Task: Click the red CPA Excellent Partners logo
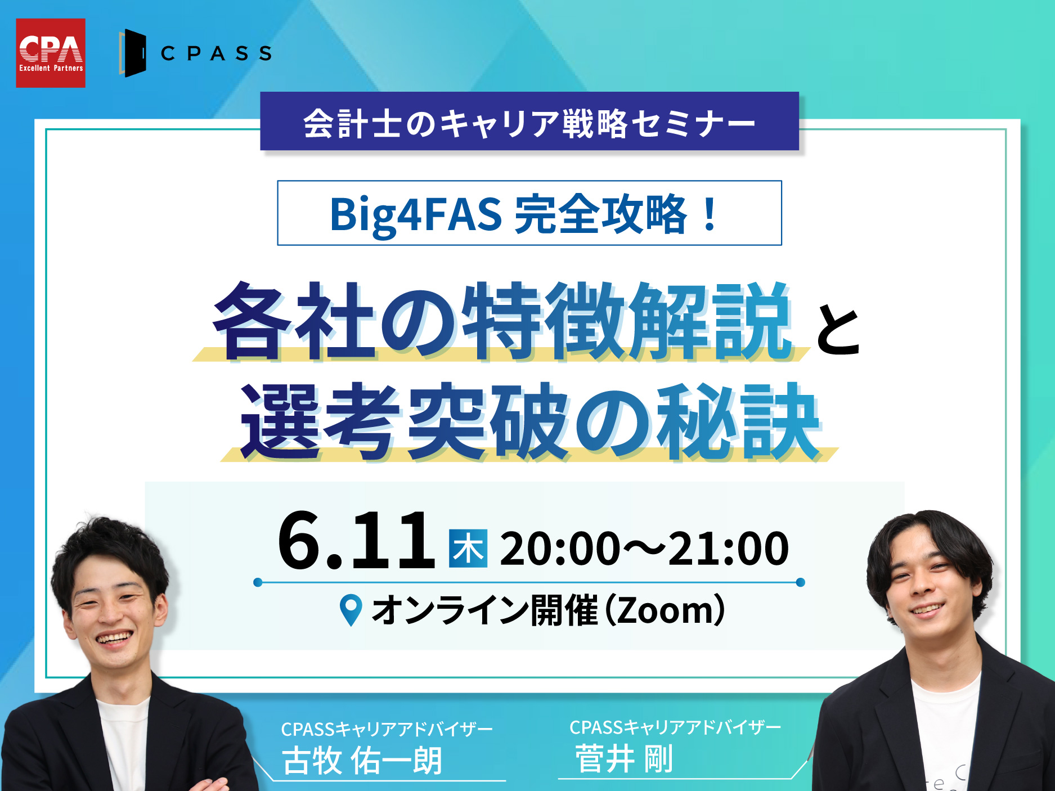click(51, 53)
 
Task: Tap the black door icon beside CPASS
click(133, 53)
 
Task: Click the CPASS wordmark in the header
click(217, 53)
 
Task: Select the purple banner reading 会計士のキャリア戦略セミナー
click(529, 121)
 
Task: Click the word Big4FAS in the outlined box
click(416, 214)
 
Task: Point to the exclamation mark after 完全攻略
click(710, 214)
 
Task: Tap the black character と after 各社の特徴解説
click(838, 330)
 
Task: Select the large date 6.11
click(356, 540)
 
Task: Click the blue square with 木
click(468, 549)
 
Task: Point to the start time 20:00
click(560, 549)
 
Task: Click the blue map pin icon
click(351, 610)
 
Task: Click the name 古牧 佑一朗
click(362, 761)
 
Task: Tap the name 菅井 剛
click(624, 759)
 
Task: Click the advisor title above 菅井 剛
click(675, 727)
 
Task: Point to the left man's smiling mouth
click(114, 638)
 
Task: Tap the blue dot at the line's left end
click(258, 582)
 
